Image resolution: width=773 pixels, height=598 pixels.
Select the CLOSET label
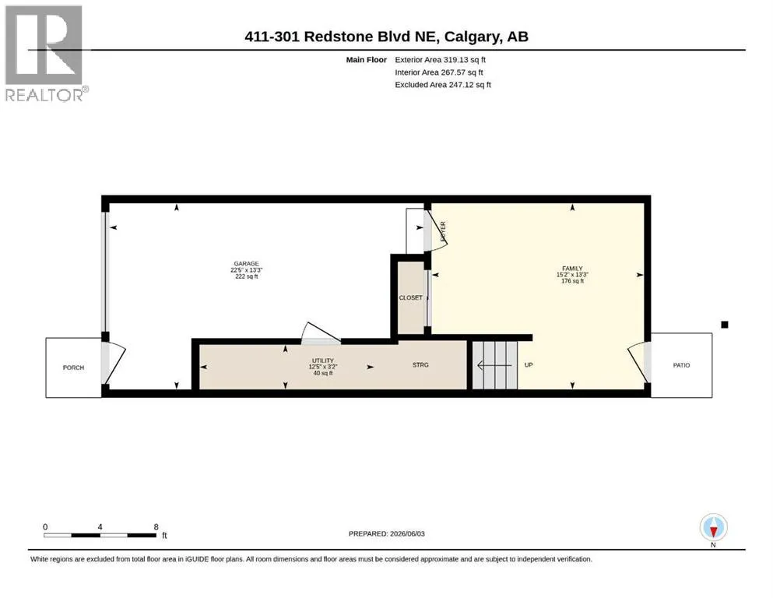click(411, 297)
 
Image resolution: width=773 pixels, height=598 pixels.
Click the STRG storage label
click(420, 365)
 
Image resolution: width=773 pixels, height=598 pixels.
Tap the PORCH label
click(73, 368)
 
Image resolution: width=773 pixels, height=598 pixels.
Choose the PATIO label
click(681, 365)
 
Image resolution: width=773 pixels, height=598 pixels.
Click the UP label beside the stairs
click(529, 365)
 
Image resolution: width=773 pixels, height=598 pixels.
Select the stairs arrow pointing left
click(494, 365)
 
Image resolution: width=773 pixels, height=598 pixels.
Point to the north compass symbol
click(713, 528)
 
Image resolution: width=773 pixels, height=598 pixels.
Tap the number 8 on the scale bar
click(156, 526)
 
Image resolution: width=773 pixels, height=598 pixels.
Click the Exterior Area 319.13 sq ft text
click(441, 60)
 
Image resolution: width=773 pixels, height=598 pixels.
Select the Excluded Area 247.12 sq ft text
click(443, 85)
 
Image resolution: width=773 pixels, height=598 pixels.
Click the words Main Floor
click(367, 60)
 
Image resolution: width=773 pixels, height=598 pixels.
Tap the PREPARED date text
click(386, 533)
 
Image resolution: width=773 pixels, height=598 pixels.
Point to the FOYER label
click(443, 231)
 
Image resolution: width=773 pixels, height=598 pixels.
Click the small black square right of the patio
click(725, 325)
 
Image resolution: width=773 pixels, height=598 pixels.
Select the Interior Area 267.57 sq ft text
click(439, 72)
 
